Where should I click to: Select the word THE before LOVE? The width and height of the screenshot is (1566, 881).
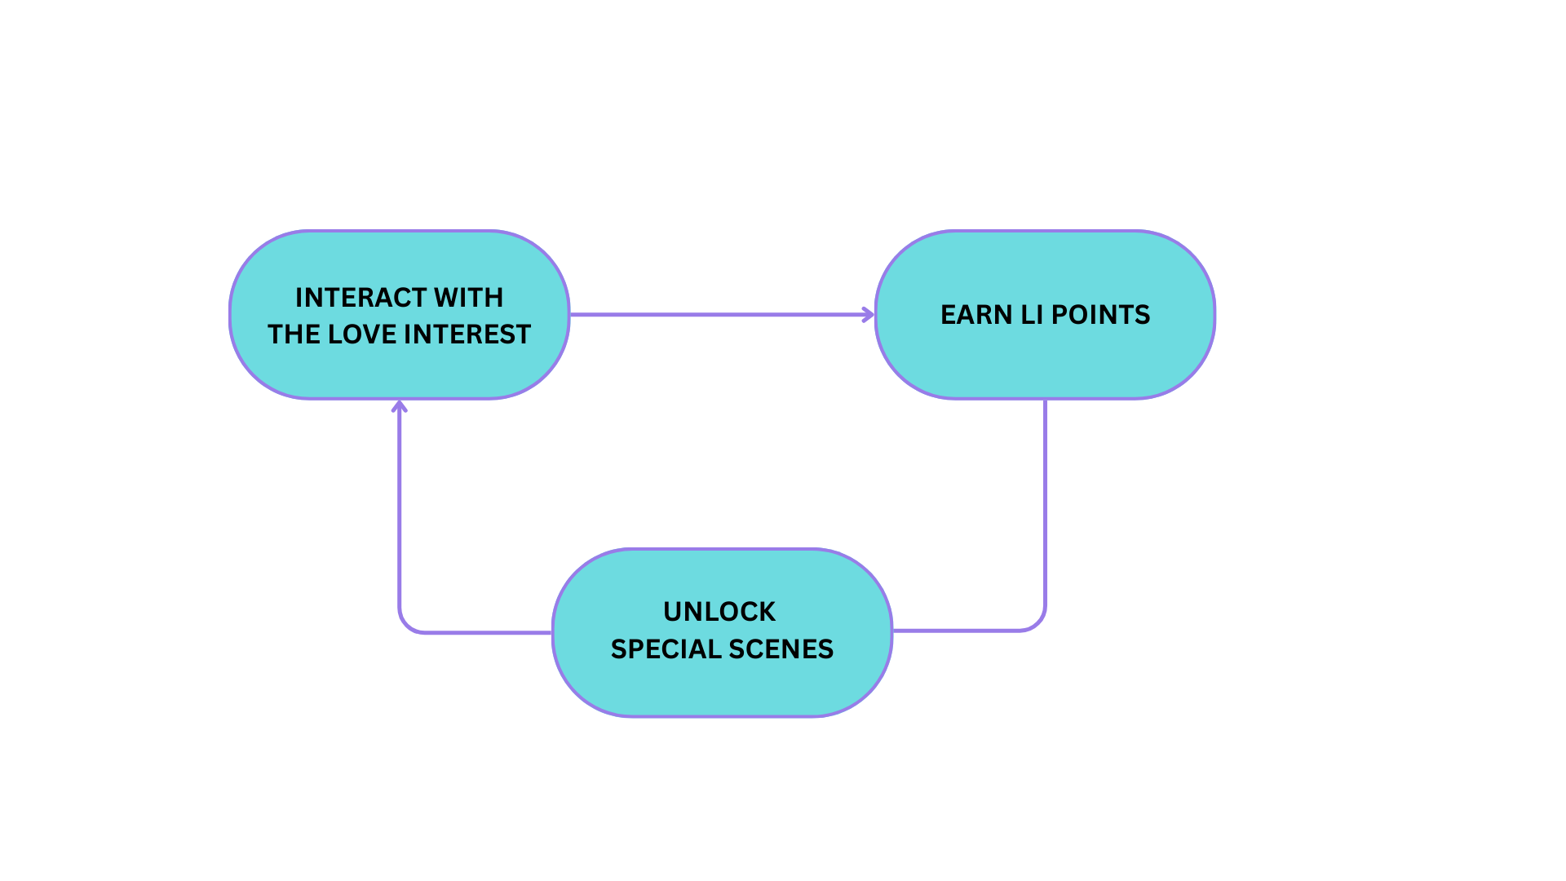pyautogui.click(x=294, y=334)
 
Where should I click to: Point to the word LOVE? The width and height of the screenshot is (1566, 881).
pyautogui.click(x=361, y=334)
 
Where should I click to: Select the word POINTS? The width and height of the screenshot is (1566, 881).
pyautogui.click(x=1100, y=315)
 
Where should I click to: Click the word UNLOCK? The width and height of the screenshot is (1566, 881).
pyautogui.click(x=719, y=612)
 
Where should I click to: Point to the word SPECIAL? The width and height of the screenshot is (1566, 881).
pyautogui.click(x=666, y=649)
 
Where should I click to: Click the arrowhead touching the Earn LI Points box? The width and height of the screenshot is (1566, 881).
pyautogui.click(x=869, y=314)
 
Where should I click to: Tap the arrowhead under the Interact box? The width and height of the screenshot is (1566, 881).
pyautogui.click(x=399, y=405)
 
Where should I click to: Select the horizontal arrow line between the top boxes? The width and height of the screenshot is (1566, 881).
pyautogui.click(x=722, y=314)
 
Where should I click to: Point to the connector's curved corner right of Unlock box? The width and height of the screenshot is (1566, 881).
pyautogui.click(x=1037, y=622)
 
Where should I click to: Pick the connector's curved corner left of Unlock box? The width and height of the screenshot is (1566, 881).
pyautogui.click(x=406, y=625)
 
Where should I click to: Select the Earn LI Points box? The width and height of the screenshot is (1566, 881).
pyautogui.click(x=1045, y=315)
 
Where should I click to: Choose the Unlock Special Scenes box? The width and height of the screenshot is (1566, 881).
pyautogui.click(x=723, y=633)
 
